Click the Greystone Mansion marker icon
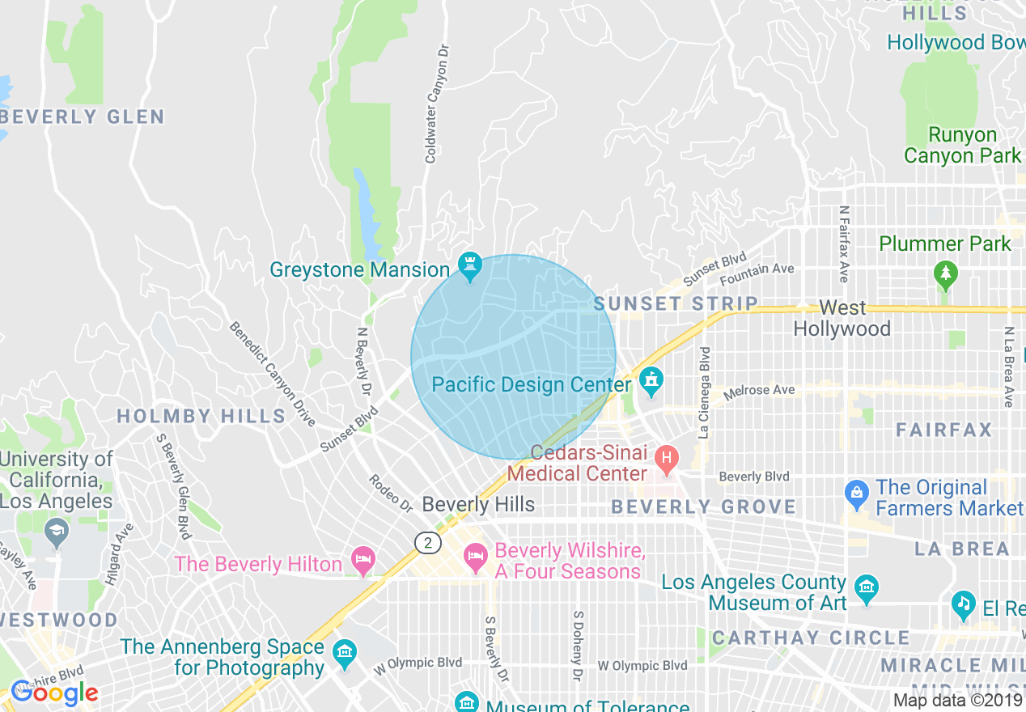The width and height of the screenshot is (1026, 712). tap(469, 264)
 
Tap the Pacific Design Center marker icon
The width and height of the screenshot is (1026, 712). tap(651, 379)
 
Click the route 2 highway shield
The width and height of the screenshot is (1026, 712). tap(427, 542)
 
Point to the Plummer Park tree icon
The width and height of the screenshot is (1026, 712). tap(945, 273)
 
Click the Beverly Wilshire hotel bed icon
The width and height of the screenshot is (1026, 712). tap(475, 555)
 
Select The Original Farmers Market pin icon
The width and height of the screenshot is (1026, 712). tap(857, 491)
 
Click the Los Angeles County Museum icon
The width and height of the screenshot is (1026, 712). tap(867, 586)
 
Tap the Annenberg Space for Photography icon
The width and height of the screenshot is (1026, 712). tap(345, 651)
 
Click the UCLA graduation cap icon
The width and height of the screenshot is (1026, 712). tap(56, 532)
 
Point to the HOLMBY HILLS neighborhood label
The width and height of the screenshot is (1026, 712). tap(201, 417)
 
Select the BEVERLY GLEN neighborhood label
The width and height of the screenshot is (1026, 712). tap(83, 117)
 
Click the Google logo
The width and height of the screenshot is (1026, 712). tap(55, 693)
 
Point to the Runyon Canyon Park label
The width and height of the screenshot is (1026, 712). tap(962, 145)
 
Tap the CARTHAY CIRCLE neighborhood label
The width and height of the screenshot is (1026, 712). tap(811, 638)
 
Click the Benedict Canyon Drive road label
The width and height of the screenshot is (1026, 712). tap(273, 374)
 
